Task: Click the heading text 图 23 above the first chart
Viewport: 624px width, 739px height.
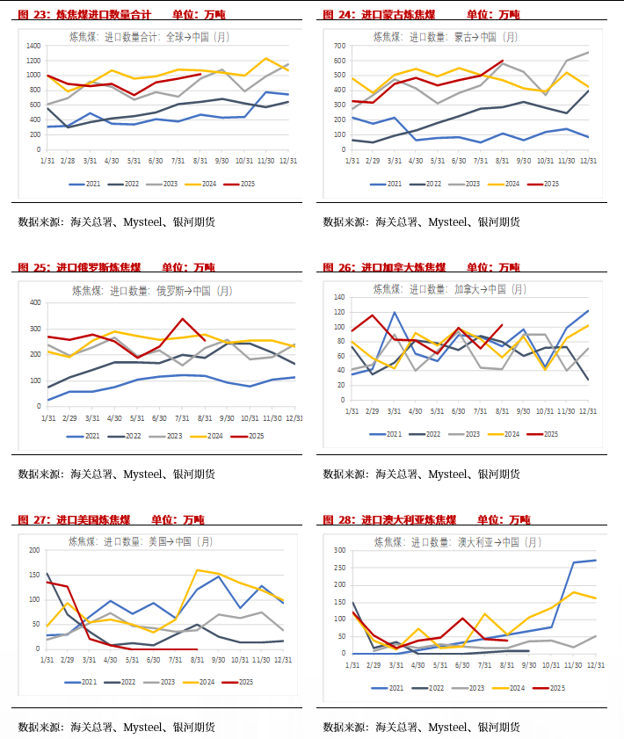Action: tap(32, 15)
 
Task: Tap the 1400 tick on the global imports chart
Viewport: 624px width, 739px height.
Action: tap(33, 46)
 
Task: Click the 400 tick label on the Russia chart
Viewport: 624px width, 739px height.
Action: tap(36, 303)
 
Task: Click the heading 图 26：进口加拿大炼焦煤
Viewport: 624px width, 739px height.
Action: tap(384, 268)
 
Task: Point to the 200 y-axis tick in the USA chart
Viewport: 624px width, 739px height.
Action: tap(35, 551)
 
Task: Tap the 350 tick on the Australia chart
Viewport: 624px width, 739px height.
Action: tap(339, 550)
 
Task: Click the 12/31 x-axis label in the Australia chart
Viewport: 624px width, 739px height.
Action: tap(595, 664)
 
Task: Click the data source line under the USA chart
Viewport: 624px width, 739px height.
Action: tap(116, 728)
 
